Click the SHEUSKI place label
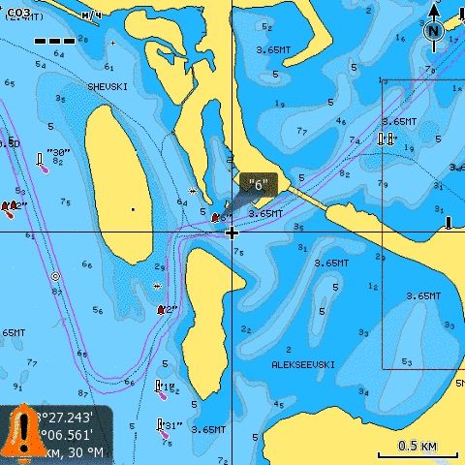pyautogui.click(x=108, y=87)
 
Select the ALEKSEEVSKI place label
pyautogui.click(x=303, y=365)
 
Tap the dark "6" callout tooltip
pyautogui.click(x=258, y=183)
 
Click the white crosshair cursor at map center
pyautogui.click(x=232, y=232)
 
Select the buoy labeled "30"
pyautogui.click(x=43, y=162)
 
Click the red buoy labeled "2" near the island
pyautogui.click(x=162, y=310)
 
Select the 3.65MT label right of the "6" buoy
pyautogui.click(x=264, y=213)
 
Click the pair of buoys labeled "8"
pyautogui.click(x=387, y=139)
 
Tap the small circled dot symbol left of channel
pyautogui.click(x=55, y=276)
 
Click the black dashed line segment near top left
pyautogui.click(x=55, y=42)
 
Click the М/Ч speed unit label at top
pyautogui.click(x=92, y=15)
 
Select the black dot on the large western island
pyautogui.click(x=133, y=208)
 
